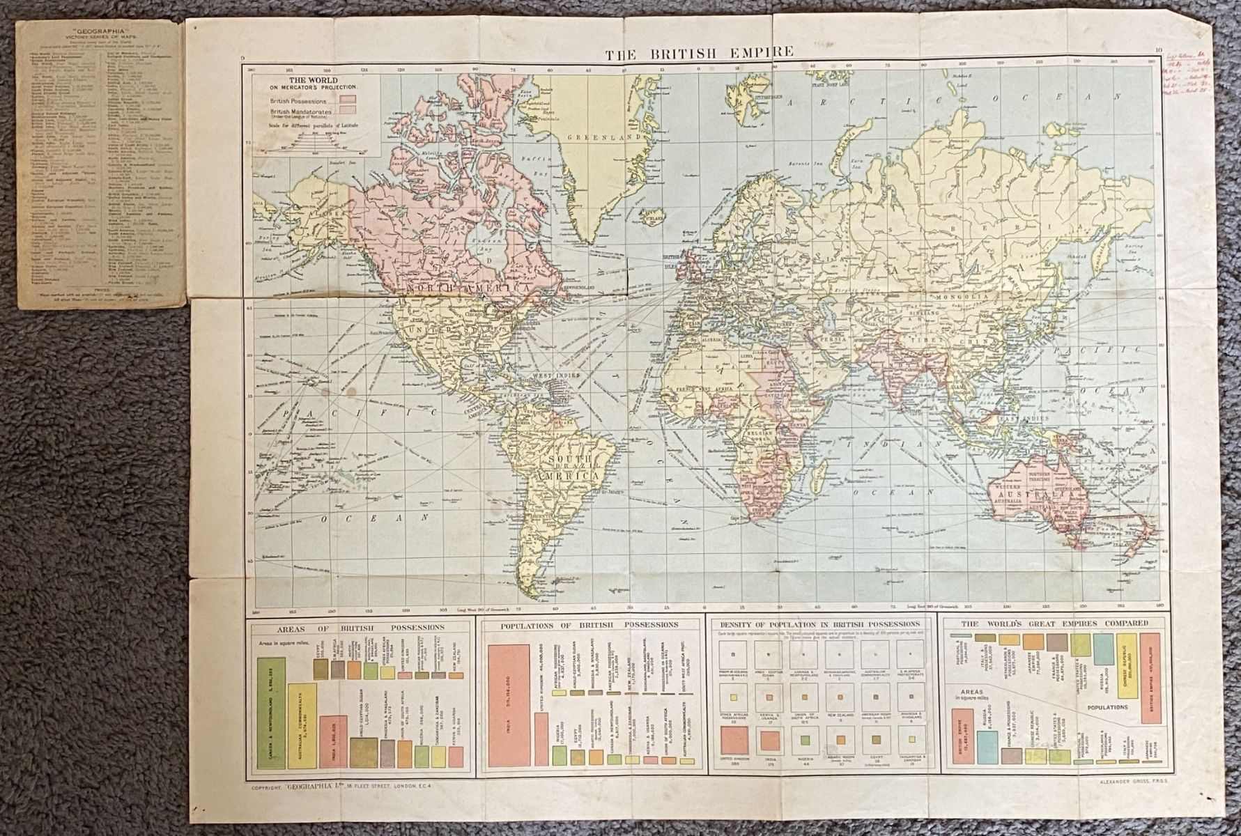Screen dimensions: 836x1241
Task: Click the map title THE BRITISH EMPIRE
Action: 699,52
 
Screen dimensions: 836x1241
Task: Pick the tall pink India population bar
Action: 509,706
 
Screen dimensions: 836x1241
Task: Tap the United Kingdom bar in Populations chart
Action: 541,730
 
